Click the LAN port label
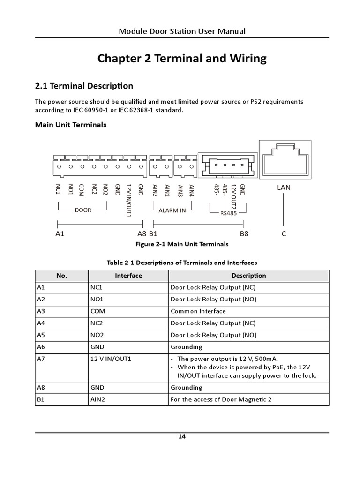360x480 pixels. pos(284,187)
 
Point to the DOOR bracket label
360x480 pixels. pos(83,210)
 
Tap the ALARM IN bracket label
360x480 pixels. pos(172,210)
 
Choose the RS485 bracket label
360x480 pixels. pos(229,213)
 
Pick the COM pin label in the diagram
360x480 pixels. pos(82,191)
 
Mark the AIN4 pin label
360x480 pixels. pos(191,190)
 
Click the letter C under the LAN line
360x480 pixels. pos(284,233)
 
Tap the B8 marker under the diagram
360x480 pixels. pos(244,233)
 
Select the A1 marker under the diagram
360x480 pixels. pos(60,233)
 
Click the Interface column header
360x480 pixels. pos(128,276)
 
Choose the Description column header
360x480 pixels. pos(248,276)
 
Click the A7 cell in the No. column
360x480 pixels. pos(40,359)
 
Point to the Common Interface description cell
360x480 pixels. pos(198,311)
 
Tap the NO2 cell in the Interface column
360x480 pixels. pos(97,335)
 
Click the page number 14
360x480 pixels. pos(182,437)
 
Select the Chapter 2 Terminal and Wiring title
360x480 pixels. pos(182,59)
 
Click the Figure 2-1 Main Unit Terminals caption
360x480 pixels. pos(182,244)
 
